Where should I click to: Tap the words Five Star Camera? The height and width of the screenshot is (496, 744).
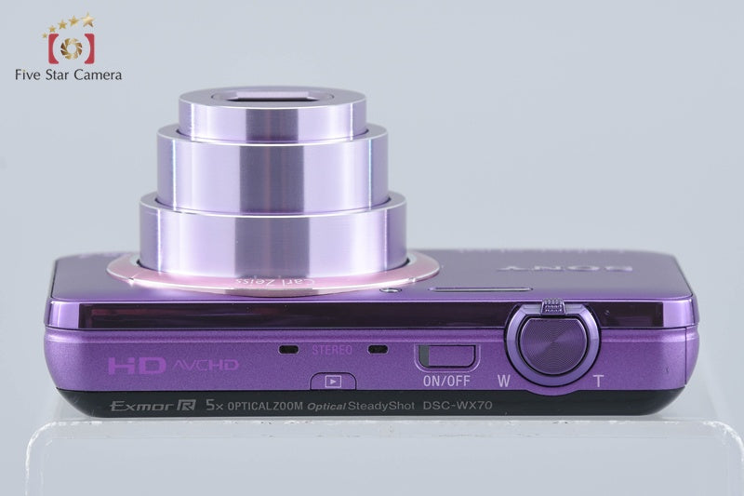click(x=69, y=75)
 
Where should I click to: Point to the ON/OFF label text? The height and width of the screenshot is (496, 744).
click(x=446, y=379)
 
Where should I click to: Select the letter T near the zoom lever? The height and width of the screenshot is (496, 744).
click(x=596, y=380)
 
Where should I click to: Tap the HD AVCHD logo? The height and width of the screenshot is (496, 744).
click(x=172, y=364)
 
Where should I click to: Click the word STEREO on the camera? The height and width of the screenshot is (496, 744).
click(x=330, y=350)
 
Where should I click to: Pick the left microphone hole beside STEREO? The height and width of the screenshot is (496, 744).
click(x=288, y=350)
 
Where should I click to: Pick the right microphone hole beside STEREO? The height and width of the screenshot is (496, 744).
click(x=377, y=350)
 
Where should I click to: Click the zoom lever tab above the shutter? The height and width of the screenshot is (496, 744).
click(x=552, y=304)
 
